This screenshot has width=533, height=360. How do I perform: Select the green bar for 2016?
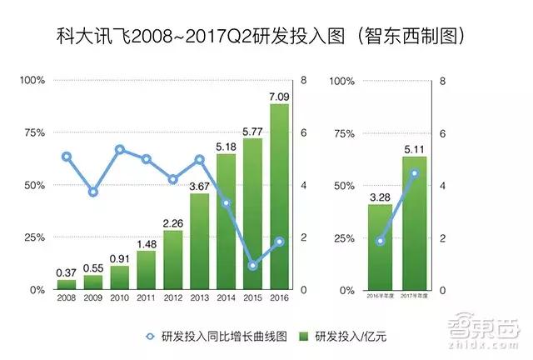(279, 197)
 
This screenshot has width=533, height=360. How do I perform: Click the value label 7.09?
(279, 97)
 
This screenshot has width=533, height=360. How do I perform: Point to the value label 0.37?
(67, 272)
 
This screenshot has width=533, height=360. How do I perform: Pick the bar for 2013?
(199, 242)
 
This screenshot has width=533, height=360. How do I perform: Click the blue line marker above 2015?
(253, 266)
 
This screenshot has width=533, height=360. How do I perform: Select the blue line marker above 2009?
(93, 192)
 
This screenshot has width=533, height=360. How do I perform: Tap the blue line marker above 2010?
(120, 150)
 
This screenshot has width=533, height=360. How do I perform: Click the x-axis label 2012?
(173, 297)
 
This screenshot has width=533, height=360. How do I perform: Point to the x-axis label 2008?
(67, 297)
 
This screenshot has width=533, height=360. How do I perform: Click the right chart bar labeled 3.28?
(381, 247)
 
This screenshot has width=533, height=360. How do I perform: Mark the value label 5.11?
(415, 149)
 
